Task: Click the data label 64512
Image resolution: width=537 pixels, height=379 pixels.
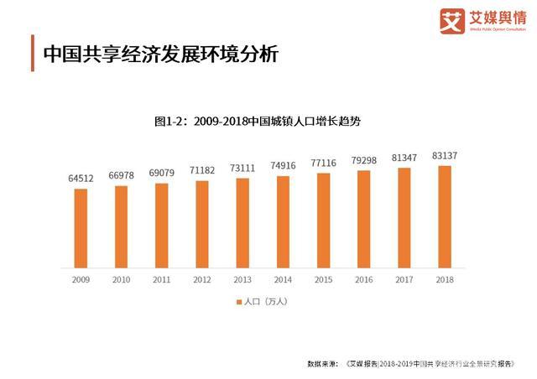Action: click(81, 179)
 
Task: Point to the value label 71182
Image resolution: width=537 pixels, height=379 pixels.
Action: click(201, 171)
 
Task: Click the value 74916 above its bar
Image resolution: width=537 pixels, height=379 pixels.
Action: click(283, 166)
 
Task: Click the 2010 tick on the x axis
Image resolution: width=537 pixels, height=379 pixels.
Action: click(121, 279)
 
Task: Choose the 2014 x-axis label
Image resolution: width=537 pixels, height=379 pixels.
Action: click(283, 279)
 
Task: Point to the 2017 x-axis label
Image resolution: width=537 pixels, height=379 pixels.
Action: click(404, 279)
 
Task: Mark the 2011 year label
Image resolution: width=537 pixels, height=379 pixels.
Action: click(161, 279)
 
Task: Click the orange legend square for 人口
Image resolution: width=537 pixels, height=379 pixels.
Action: click(239, 300)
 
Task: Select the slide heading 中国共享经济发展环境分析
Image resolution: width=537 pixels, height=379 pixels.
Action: click(159, 54)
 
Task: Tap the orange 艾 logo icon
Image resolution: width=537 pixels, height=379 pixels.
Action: click(453, 21)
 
